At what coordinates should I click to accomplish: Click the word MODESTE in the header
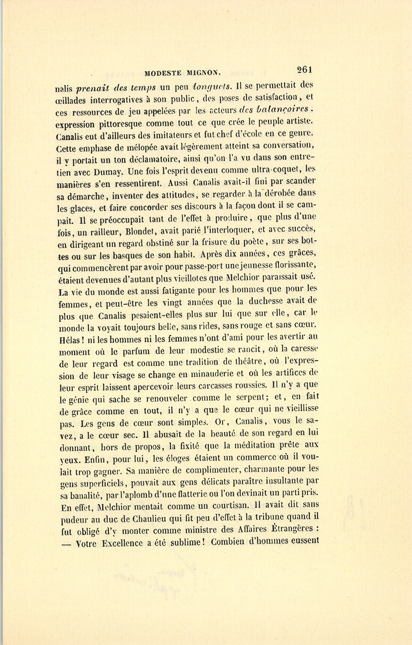pyautogui.click(x=162, y=72)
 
